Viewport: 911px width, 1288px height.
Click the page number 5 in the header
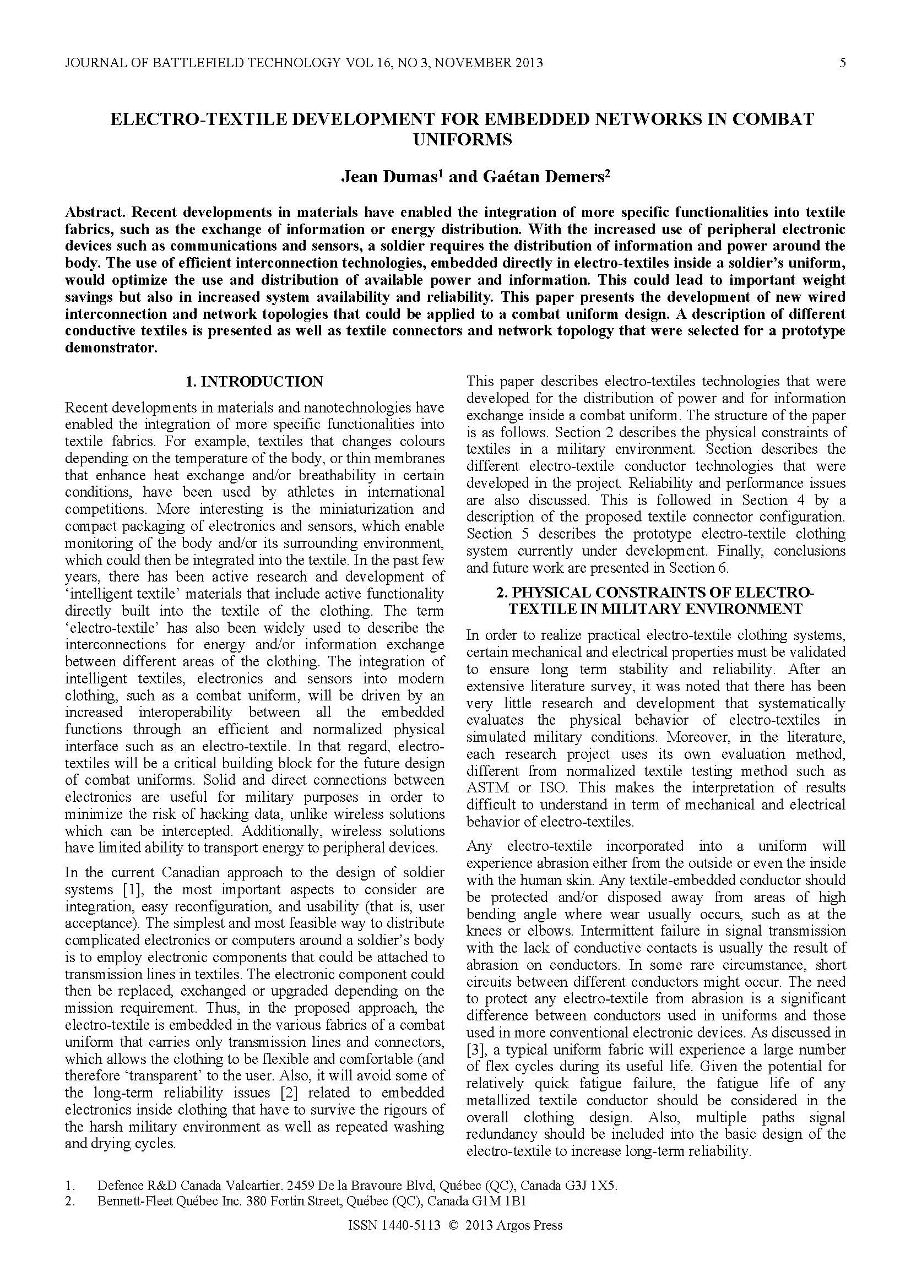point(842,62)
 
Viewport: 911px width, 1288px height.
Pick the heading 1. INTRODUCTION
point(254,382)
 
